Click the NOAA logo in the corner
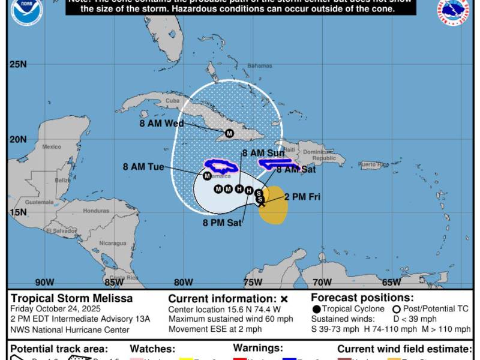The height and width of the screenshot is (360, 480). pyautogui.click(x=26, y=11)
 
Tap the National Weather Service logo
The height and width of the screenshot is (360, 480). pyautogui.click(x=454, y=11)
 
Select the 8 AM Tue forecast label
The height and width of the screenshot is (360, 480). pyautogui.click(x=143, y=167)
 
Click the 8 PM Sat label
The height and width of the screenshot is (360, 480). pyautogui.click(x=222, y=223)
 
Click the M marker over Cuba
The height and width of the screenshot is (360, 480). pyautogui.click(x=229, y=133)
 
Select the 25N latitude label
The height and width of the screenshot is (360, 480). pyautogui.click(x=18, y=64)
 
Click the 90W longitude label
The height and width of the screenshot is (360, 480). pyautogui.click(x=44, y=282)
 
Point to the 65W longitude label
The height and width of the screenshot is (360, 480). pyautogui.click(x=391, y=282)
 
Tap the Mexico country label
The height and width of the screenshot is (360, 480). pyautogui.click(x=52, y=146)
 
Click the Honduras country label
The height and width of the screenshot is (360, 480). pyautogui.click(x=96, y=211)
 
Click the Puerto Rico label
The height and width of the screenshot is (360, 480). pyautogui.click(x=374, y=164)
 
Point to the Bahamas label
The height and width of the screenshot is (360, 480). pyautogui.click(x=260, y=65)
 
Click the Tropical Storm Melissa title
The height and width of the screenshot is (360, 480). pyautogui.click(x=71, y=298)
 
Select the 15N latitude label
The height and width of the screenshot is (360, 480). pyautogui.click(x=18, y=212)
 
